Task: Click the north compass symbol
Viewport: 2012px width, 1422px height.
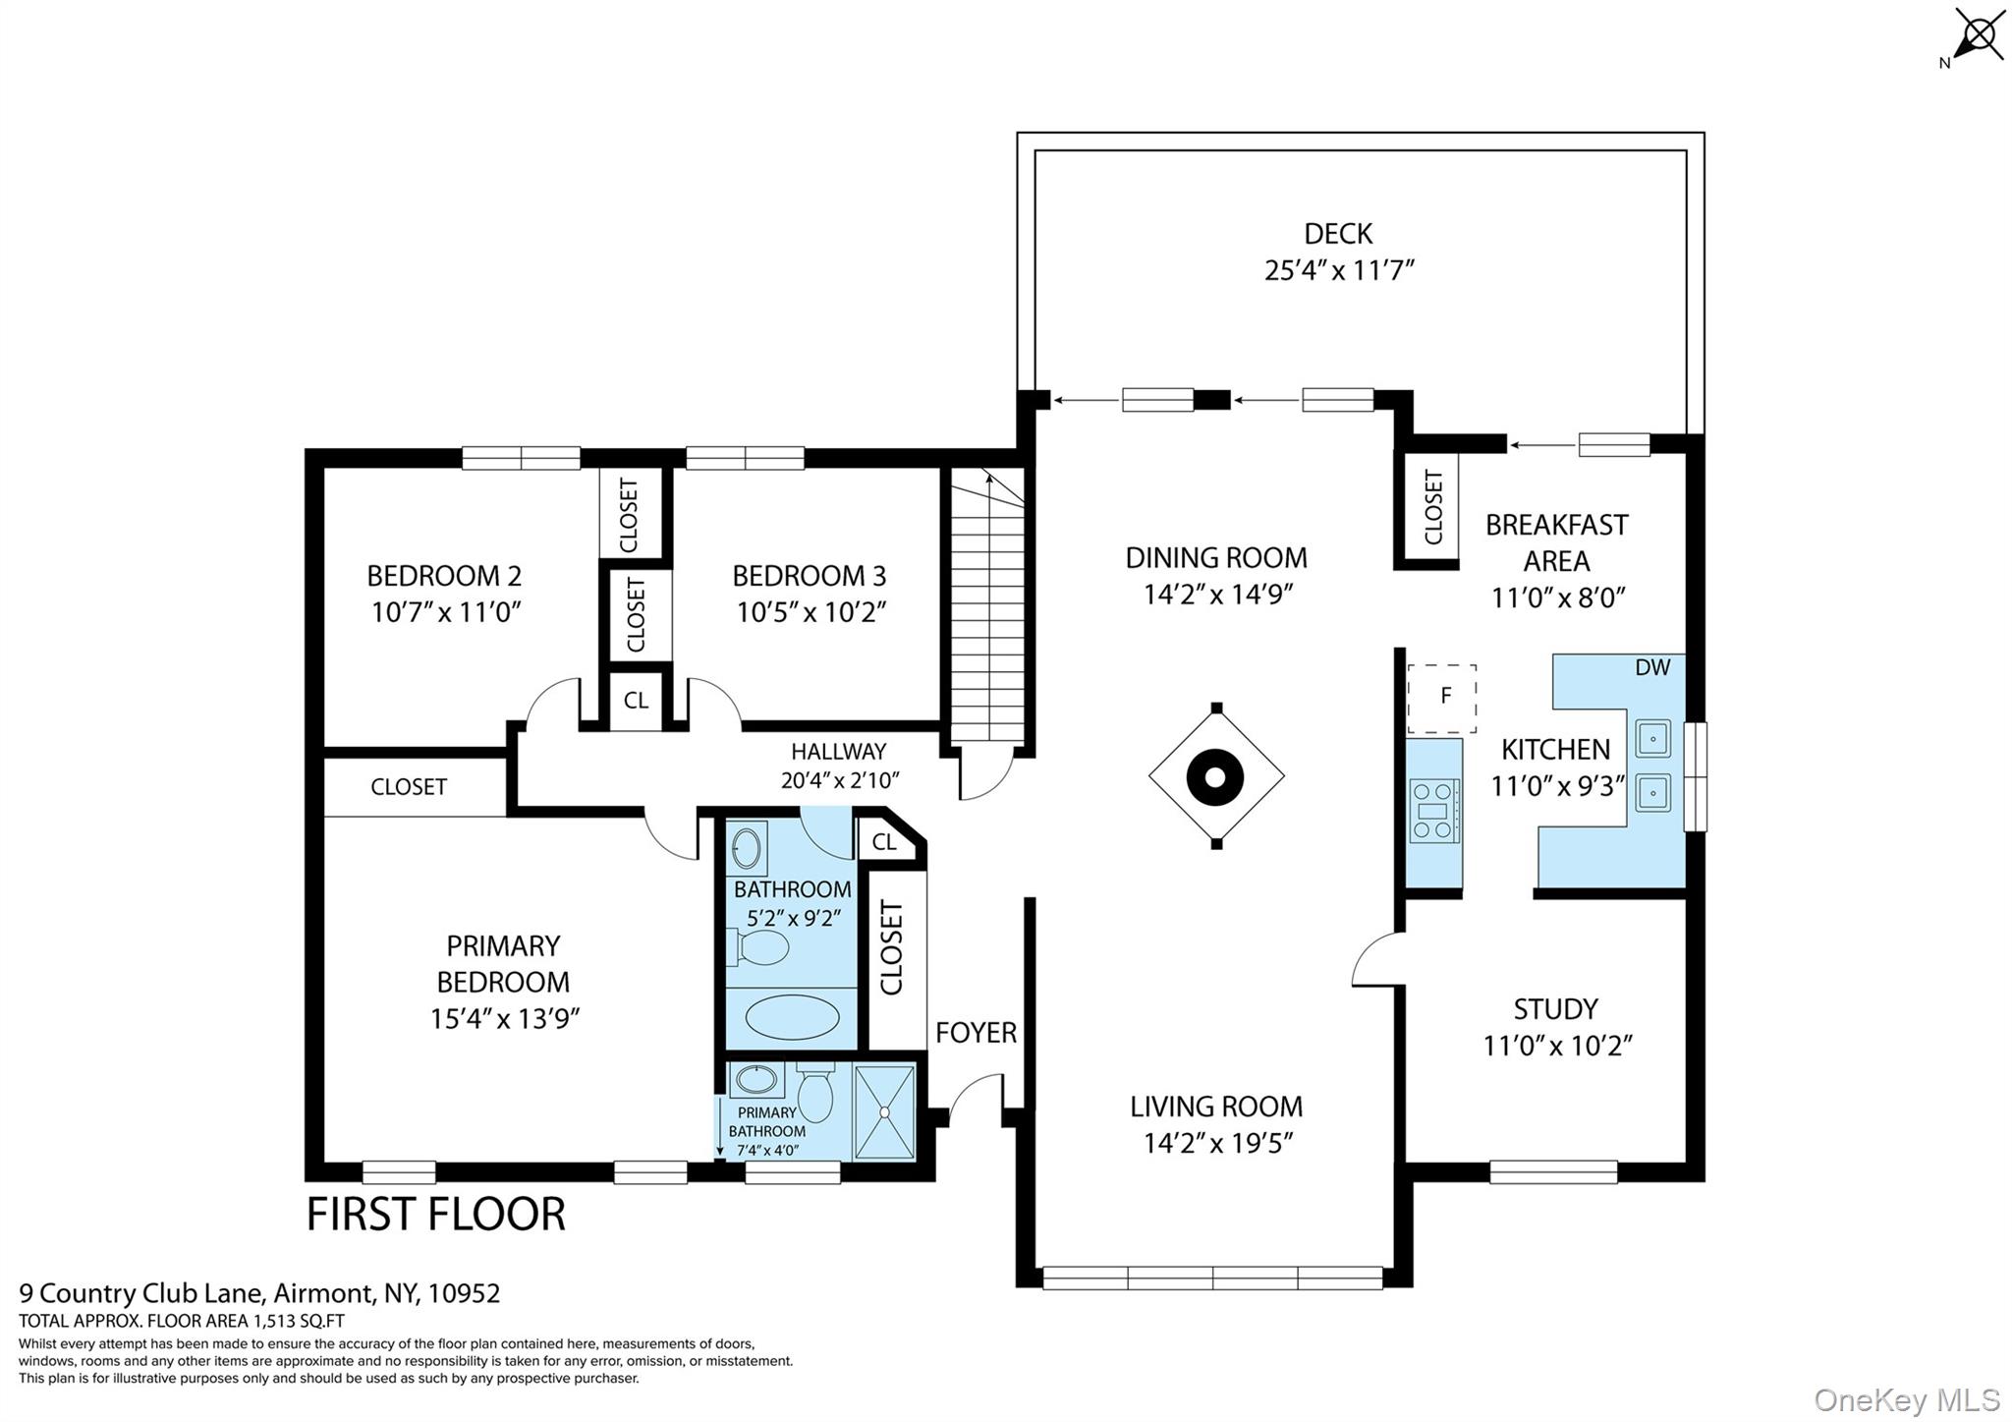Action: pyautogui.click(x=1978, y=37)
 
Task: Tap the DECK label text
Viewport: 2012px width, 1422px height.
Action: pyautogui.click(x=1338, y=234)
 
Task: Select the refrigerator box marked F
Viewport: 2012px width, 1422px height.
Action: pyautogui.click(x=1442, y=698)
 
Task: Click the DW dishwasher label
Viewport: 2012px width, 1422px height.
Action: pyautogui.click(x=1652, y=667)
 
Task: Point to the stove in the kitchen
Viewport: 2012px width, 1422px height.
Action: pyautogui.click(x=1433, y=811)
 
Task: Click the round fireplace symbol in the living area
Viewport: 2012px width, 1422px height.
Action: pyautogui.click(x=1215, y=777)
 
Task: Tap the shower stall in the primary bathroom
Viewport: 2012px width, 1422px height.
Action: pyautogui.click(x=884, y=1111)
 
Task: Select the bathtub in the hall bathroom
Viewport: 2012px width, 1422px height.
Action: pyautogui.click(x=792, y=1017)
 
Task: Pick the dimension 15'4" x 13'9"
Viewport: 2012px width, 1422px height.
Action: pyautogui.click(x=505, y=1018)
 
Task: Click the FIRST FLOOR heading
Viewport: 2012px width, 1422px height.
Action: pyautogui.click(x=436, y=1215)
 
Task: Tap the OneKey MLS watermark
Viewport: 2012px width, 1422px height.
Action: pyautogui.click(x=1907, y=1399)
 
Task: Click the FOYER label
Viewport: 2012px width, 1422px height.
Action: pyautogui.click(x=976, y=1033)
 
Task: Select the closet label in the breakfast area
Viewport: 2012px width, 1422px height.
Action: pyautogui.click(x=1433, y=507)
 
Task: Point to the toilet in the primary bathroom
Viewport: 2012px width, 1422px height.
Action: pyautogui.click(x=815, y=1093)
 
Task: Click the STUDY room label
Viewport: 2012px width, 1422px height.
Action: pyautogui.click(x=1555, y=1009)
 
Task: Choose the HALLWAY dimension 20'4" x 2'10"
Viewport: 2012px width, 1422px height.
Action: pyautogui.click(x=840, y=781)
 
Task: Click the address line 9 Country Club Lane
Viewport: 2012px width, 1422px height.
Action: pyautogui.click(x=259, y=1293)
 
